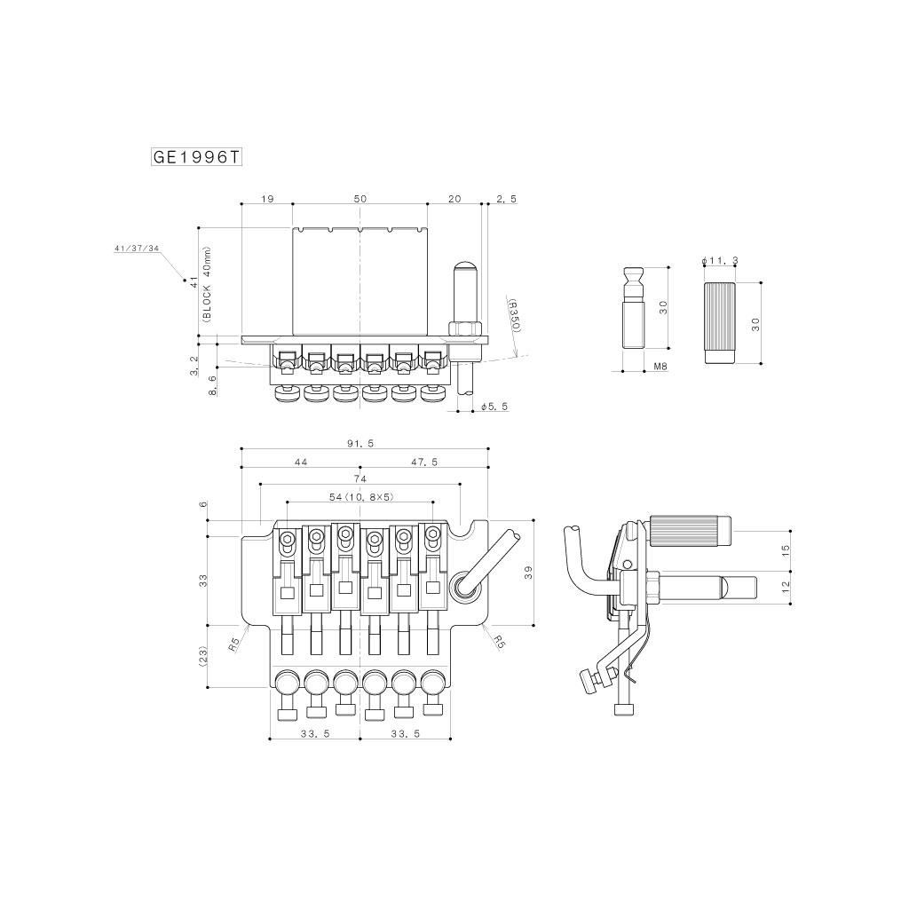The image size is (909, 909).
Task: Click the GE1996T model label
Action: tap(196, 157)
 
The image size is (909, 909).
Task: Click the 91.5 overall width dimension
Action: tap(360, 444)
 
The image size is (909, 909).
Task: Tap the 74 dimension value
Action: tap(360, 478)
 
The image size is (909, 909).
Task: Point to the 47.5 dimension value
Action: tap(424, 462)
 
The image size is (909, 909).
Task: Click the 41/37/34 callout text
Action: tap(137, 249)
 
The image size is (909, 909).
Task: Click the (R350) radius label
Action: tap(514, 315)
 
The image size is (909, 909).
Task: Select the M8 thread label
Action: tap(660, 367)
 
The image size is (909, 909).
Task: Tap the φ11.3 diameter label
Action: tap(719, 261)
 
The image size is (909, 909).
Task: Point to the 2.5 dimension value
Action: tap(506, 199)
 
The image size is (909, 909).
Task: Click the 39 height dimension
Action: tap(528, 573)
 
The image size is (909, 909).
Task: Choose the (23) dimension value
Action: tap(203, 657)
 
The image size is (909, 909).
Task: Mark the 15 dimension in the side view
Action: tap(786, 550)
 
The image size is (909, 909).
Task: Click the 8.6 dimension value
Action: tap(213, 385)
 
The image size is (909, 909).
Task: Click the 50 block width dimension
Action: tap(360, 199)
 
